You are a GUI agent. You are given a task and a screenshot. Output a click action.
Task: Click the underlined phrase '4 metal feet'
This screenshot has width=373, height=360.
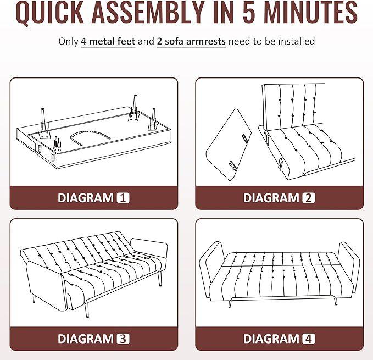coord(108,41)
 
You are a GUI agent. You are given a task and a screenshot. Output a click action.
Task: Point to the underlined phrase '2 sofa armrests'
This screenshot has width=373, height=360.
coord(191,41)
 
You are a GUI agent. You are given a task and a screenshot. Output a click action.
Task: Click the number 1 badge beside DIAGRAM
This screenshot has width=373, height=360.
coord(123,198)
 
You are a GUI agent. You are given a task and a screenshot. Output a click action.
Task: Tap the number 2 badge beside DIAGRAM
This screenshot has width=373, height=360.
coord(309,198)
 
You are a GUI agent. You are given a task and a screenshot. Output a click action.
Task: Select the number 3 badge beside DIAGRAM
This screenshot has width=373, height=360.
coord(123,339)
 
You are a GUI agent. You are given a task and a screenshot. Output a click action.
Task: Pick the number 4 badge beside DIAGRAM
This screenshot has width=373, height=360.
coord(309,339)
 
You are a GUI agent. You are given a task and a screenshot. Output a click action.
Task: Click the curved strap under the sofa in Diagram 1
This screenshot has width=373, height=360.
coord(91,133)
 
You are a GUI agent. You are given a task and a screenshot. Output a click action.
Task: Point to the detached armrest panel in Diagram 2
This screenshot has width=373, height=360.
coord(229,145)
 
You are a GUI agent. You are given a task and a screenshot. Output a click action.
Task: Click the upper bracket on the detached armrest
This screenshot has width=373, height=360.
coord(245,139)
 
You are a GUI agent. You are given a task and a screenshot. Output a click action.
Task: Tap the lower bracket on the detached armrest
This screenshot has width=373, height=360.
coord(232,166)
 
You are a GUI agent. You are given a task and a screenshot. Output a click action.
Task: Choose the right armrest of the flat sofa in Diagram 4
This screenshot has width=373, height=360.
coord(348,267)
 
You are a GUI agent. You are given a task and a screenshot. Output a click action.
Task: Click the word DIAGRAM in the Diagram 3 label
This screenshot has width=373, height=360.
coord(86,339)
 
